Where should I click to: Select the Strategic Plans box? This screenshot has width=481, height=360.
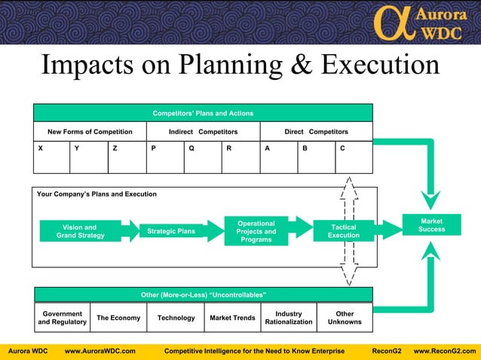[171, 231]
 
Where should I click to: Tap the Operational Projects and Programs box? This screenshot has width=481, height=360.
[256, 231]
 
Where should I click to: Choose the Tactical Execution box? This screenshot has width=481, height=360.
[344, 231]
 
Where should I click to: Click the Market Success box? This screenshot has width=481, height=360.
[432, 224]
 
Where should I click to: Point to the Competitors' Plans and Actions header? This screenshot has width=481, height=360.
[203, 113]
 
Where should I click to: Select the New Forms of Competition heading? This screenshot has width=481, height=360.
[90, 132]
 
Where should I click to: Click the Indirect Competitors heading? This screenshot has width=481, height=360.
[203, 132]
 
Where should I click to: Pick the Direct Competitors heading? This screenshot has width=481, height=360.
[316, 132]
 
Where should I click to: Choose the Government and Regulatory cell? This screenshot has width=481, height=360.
[63, 318]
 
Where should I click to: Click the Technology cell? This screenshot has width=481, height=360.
[176, 318]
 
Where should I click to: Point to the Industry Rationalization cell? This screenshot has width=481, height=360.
[288, 318]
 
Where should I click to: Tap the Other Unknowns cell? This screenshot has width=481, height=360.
[345, 318]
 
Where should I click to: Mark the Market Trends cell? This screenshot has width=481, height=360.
[232, 318]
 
